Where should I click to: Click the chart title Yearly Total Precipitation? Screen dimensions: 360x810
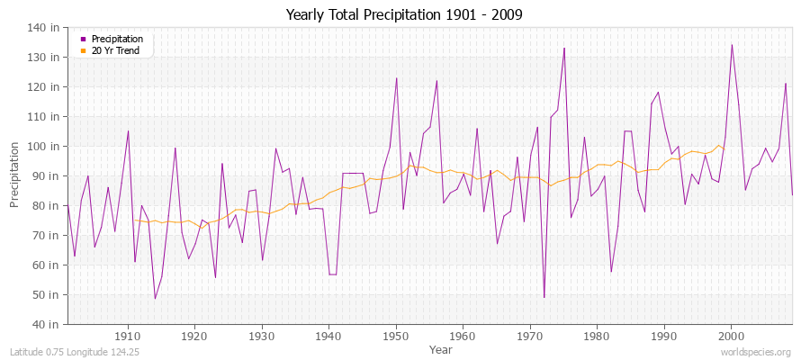pos(404,14)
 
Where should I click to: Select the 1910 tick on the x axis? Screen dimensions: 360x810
pos(128,336)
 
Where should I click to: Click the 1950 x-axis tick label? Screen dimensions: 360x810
pos(396,336)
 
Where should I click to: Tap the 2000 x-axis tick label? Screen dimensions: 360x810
pos(731,336)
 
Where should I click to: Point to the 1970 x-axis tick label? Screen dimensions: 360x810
pos(530,336)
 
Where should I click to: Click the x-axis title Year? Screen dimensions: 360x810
pos(429,348)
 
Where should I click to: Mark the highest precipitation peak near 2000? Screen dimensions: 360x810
pos(732,45)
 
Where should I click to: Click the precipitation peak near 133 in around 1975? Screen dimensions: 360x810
pos(564,48)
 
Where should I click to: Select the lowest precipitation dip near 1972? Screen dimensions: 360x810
pos(544,297)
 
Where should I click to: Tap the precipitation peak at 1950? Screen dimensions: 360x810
pos(396,77)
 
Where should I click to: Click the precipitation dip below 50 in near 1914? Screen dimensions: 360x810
pos(155,299)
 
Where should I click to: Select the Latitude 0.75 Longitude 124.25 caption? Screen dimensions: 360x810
pos(61,352)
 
